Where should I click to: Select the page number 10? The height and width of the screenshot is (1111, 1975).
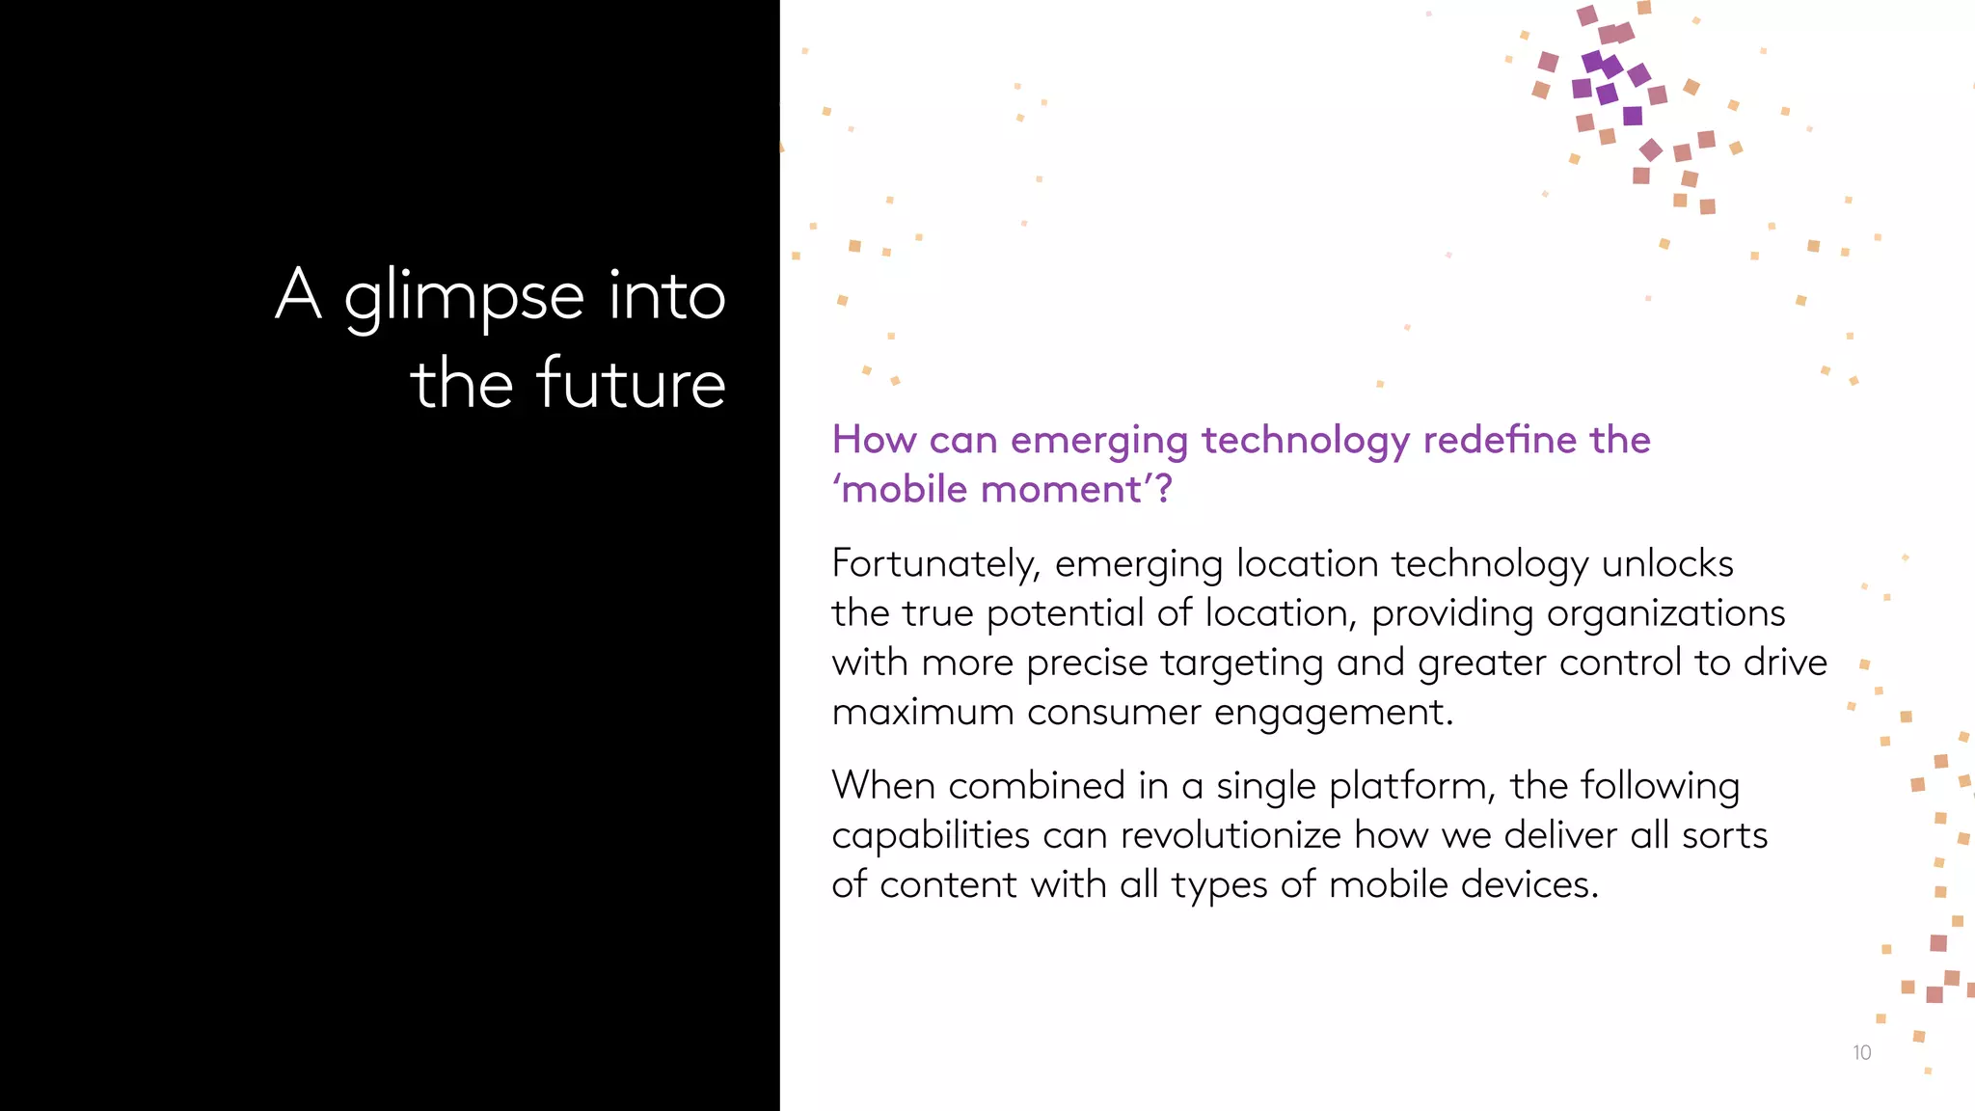(1861, 1053)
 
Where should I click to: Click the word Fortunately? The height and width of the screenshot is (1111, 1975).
(935, 565)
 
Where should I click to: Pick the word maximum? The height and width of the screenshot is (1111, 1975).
(922, 713)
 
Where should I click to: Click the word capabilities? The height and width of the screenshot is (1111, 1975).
(931, 836)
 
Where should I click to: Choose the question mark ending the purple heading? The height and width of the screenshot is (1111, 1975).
(1163, 490)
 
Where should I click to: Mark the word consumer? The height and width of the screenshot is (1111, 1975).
(1114, 713)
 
